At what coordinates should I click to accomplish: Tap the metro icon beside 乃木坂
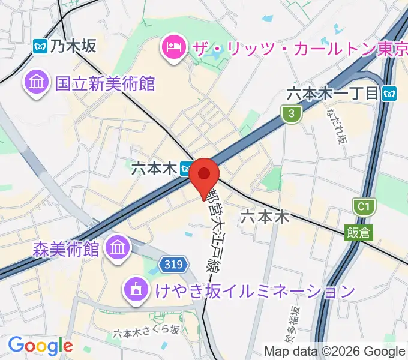41,46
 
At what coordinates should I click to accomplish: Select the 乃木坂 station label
73,46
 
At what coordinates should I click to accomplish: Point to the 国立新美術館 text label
105,83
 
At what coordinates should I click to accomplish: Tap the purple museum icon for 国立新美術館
35,83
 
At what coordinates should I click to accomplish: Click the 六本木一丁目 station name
333,93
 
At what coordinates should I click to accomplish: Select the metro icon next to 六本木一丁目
391,93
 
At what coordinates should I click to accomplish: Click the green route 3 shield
291,113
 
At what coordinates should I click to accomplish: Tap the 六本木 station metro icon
187,169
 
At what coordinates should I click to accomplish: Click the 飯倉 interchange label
358,232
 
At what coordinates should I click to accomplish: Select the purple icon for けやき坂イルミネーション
134,292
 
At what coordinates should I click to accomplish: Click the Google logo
40,346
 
